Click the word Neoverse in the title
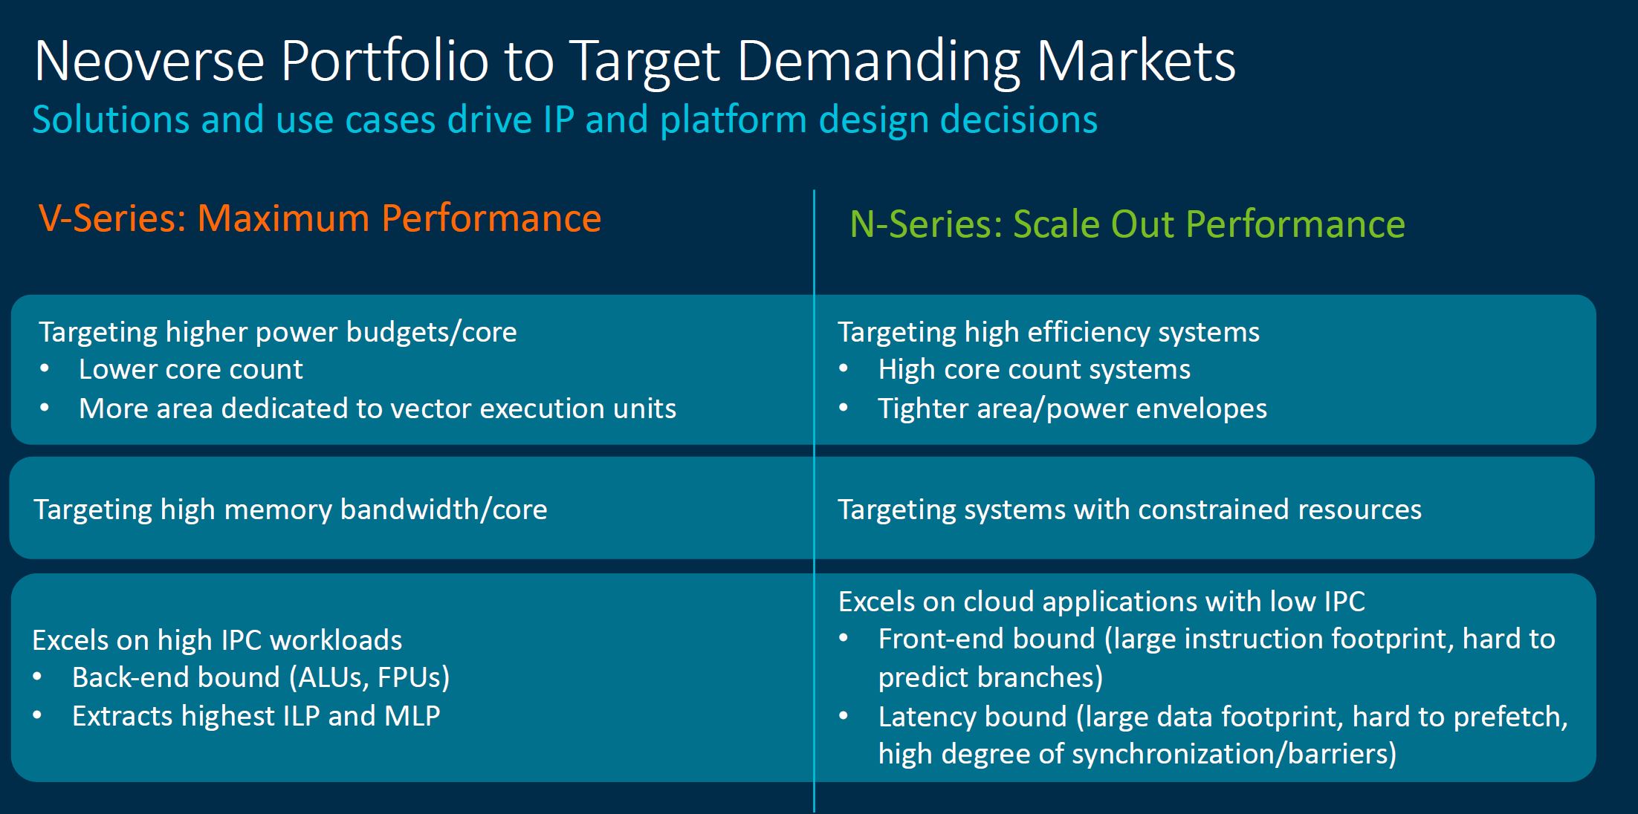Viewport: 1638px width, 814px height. coord(149,62)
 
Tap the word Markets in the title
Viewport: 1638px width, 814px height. coord(1136,62)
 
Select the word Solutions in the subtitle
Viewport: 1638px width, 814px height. coord(111,119)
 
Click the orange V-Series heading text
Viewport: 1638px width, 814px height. coord(320,218)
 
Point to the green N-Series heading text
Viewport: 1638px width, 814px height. coord(1127,224)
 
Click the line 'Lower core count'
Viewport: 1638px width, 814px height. coord(191,369)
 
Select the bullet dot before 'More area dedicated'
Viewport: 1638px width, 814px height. coord(45,408)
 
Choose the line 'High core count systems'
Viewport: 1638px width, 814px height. coord(1034,369)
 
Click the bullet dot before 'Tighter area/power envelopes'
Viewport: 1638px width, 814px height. coord(844,408)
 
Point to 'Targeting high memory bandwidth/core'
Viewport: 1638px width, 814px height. coord(291,509)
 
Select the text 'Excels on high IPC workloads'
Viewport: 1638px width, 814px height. coord(217,640)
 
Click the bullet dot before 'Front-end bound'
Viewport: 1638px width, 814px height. coord(844,639)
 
